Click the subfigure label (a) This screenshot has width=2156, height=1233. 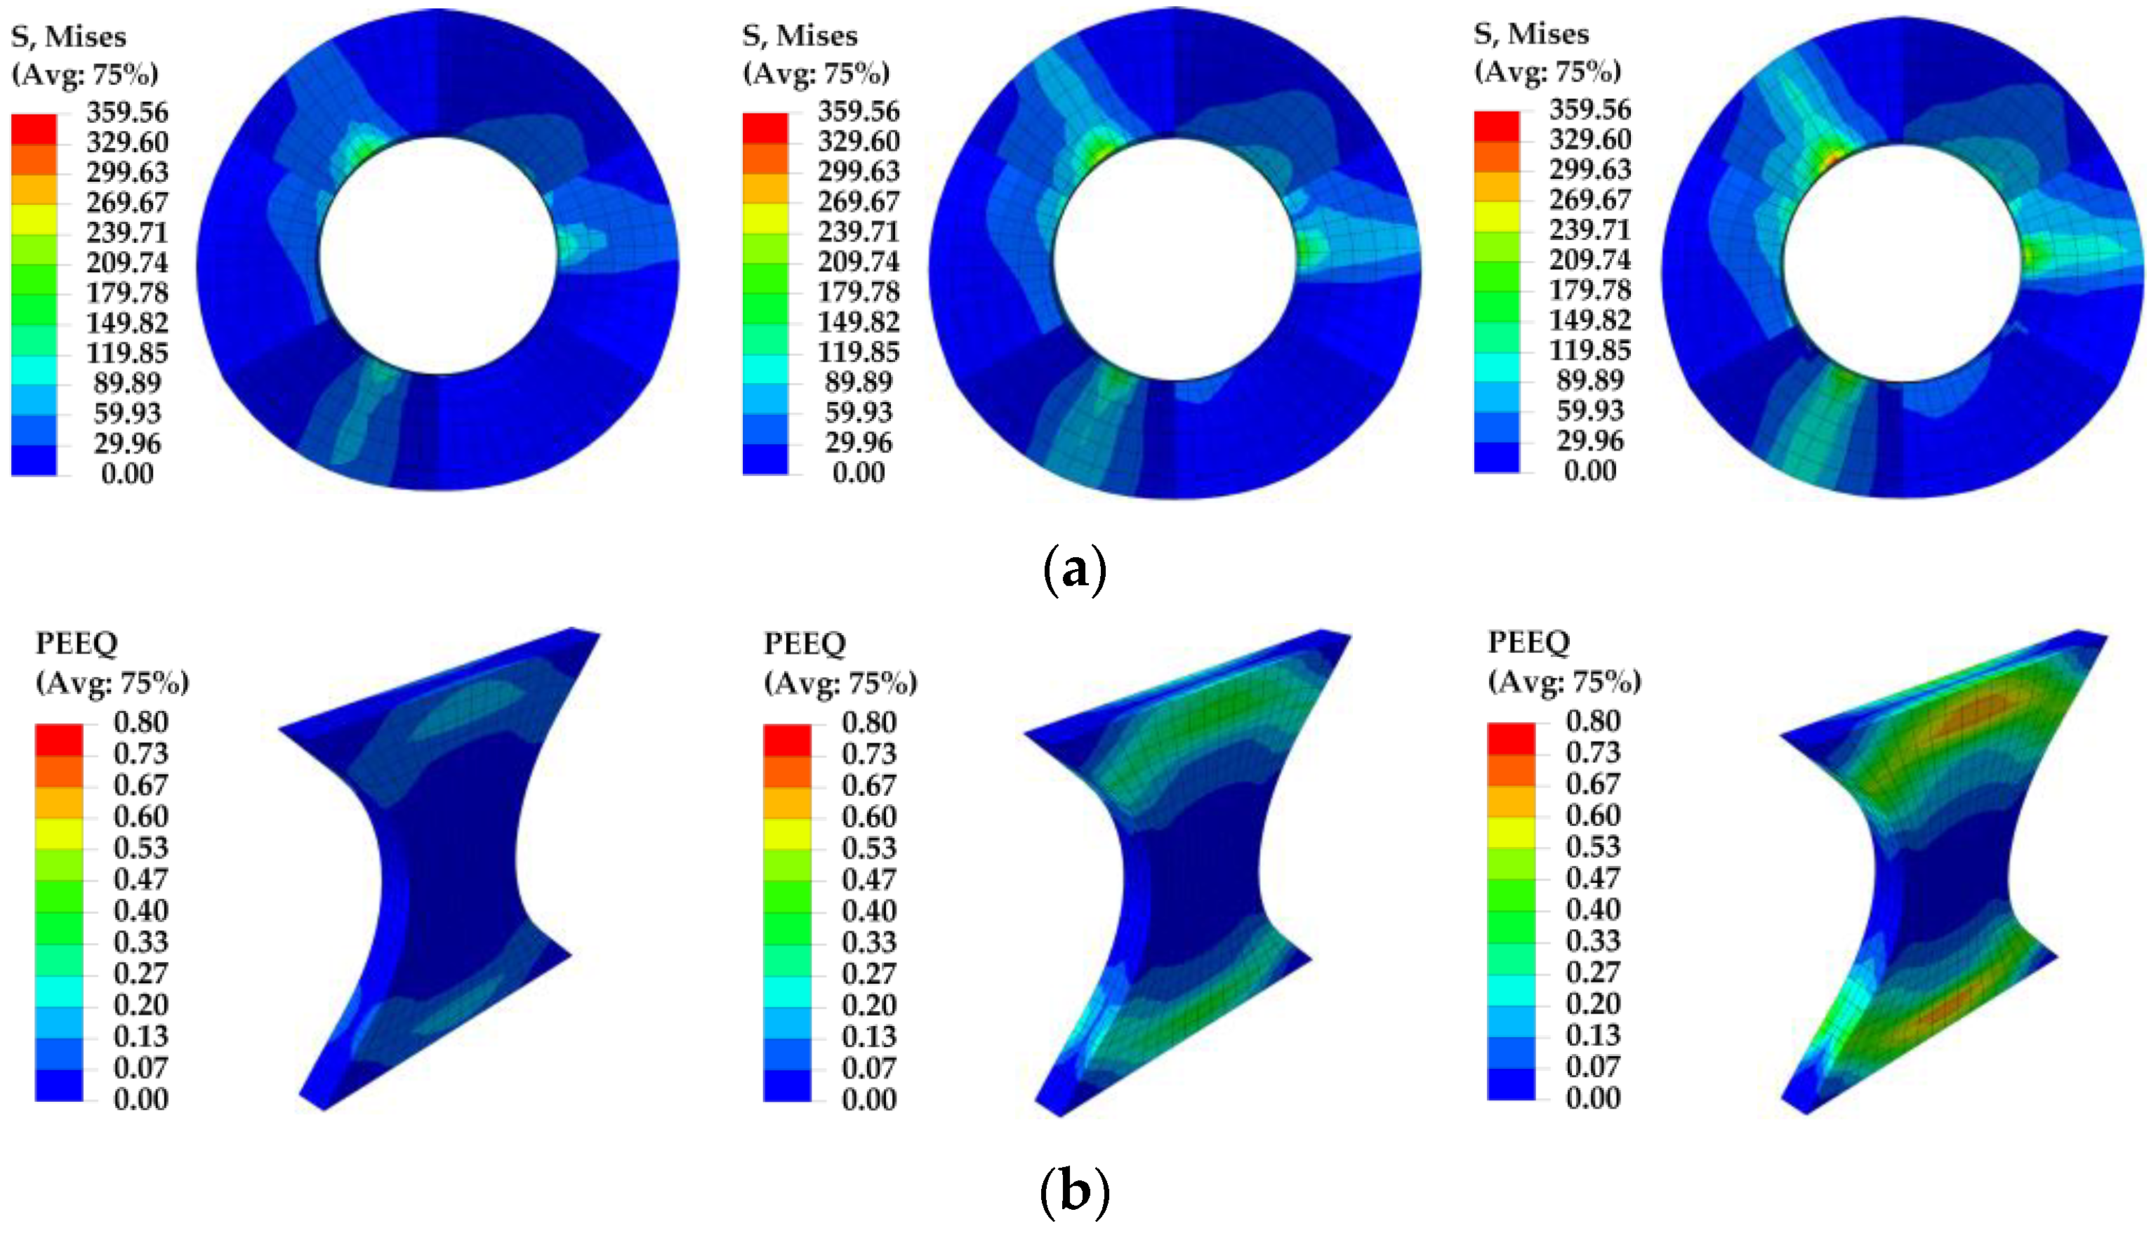click(x=1074, y=570)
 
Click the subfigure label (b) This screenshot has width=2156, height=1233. click(x=1074, y=1191)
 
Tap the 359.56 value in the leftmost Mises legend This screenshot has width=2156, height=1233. click(x=127, y=112)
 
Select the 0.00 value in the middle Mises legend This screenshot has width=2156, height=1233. click(x=858, y=472)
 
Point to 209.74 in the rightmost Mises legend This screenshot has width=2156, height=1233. click(x=1589, y=259)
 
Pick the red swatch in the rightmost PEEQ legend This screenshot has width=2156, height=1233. click(x=1511, y=738)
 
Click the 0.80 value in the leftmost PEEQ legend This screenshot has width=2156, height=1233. click(x=140, y=721)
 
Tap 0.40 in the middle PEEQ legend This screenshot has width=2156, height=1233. click(x=868, y=910)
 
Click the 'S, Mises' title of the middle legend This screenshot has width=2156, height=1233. click(x=800, y=36)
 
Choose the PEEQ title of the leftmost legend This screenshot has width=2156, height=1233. click(x=77, y=643)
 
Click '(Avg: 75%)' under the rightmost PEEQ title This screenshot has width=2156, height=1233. click(x=1565, y=681)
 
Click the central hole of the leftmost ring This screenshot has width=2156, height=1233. click(x=437, y=255)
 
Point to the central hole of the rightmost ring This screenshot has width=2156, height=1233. click(x=1902, y=263)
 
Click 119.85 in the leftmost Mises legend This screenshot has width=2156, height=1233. click(x=127, y=352)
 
